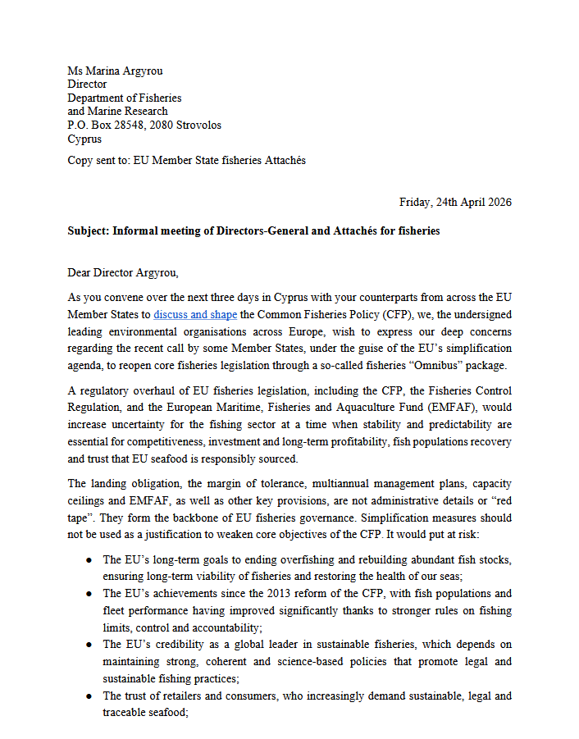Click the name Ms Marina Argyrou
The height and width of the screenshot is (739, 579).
(116, 71)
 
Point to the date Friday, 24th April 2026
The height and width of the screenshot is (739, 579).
(455, 202)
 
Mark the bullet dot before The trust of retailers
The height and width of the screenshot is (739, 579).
(89, 696)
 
